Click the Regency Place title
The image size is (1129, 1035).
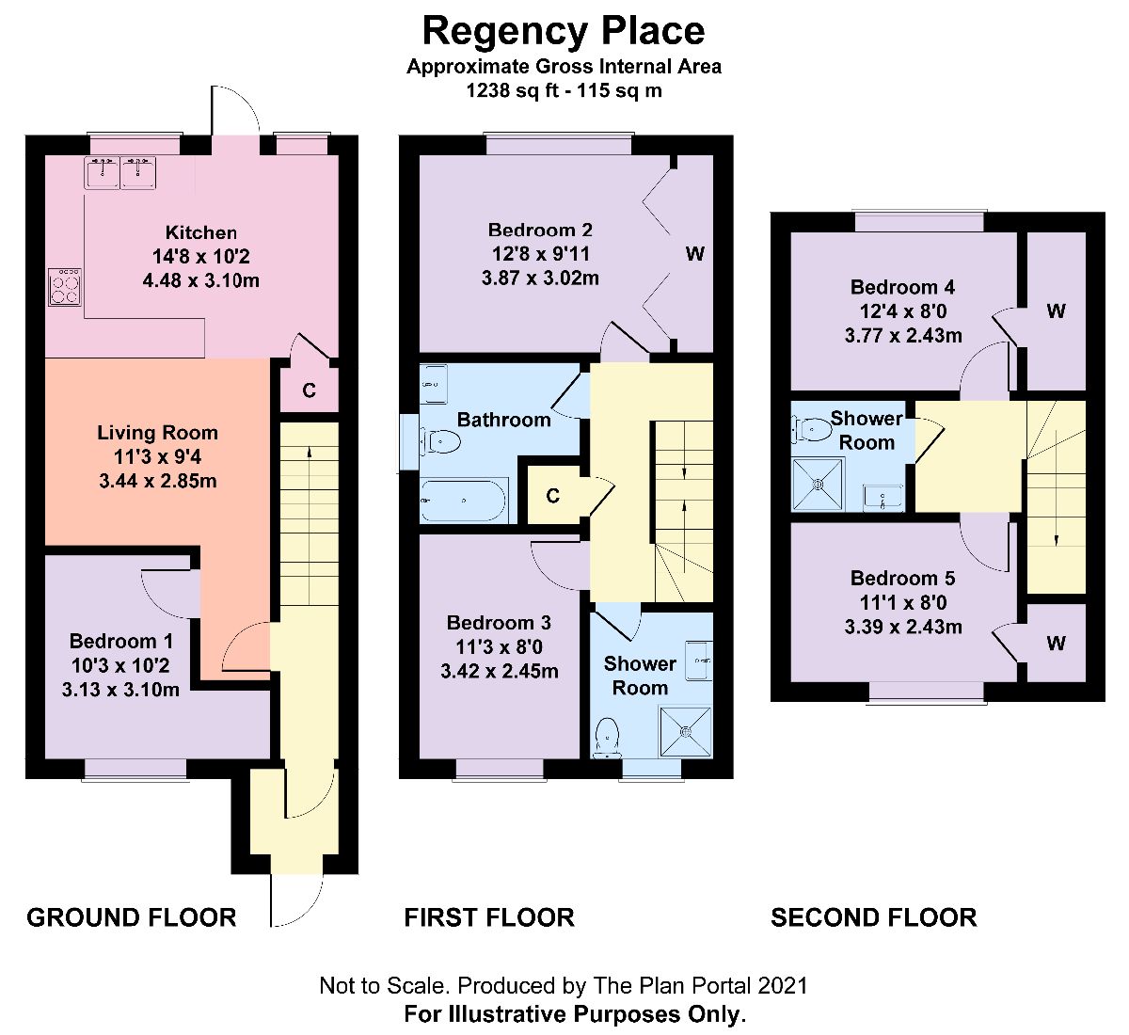pyautogui.click(x=564, y=31)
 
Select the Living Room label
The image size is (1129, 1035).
pyautogui.click(x=157, y=433)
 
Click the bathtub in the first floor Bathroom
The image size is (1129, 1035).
pyautogui.click(x=465, y=500)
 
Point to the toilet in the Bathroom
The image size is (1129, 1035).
pyautogui.click(x=439, y=440)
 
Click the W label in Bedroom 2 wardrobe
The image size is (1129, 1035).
pyautogui.click(x=694, y=254)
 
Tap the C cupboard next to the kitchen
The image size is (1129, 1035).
pyautogui.click(x=309, y=390)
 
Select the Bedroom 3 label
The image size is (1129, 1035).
pyautogui.click(x=499, y=623)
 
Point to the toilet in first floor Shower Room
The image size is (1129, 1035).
pyautogui.click(x=607, y=737)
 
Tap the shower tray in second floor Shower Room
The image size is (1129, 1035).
pyautogui.click(x=818, y=484)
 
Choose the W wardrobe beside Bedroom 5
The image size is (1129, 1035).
pyautogui.click(x=1056, y=644)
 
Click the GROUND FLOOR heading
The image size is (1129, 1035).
pyautogui.click(x=131, y=917)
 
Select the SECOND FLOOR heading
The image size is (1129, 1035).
pyautogui.click(x=873, y=917)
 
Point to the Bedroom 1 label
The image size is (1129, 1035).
pyautogui.click(x=121, y=642)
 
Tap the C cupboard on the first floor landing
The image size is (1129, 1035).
pyautogui.click(x=553, y=495)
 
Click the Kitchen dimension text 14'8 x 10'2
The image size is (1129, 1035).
pyautogui.click(x=200, y=256)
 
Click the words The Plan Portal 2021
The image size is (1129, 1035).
pyautogui.click(x=700, y=986)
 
